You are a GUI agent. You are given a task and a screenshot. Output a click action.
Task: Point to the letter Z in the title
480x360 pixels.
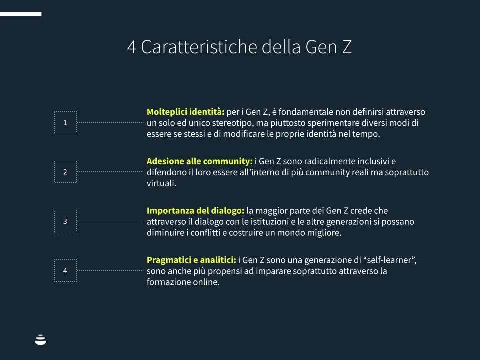347,47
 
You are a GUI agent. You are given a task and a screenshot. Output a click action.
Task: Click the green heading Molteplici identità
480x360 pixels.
185,112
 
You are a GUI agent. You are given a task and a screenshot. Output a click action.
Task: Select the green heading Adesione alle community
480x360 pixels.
199,161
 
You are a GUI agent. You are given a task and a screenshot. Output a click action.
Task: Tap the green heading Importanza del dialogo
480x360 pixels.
195,211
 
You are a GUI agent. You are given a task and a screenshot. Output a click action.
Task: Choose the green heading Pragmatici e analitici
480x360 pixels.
191,260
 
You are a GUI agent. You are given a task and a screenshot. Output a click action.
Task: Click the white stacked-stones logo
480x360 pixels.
40,340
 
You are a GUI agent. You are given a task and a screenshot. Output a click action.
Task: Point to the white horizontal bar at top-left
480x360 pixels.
21,14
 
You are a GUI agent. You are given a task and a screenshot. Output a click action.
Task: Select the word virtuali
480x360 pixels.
161,183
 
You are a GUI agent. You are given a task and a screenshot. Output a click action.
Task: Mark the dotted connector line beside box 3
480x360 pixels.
110,221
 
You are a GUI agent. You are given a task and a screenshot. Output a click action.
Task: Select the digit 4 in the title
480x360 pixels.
131,47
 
